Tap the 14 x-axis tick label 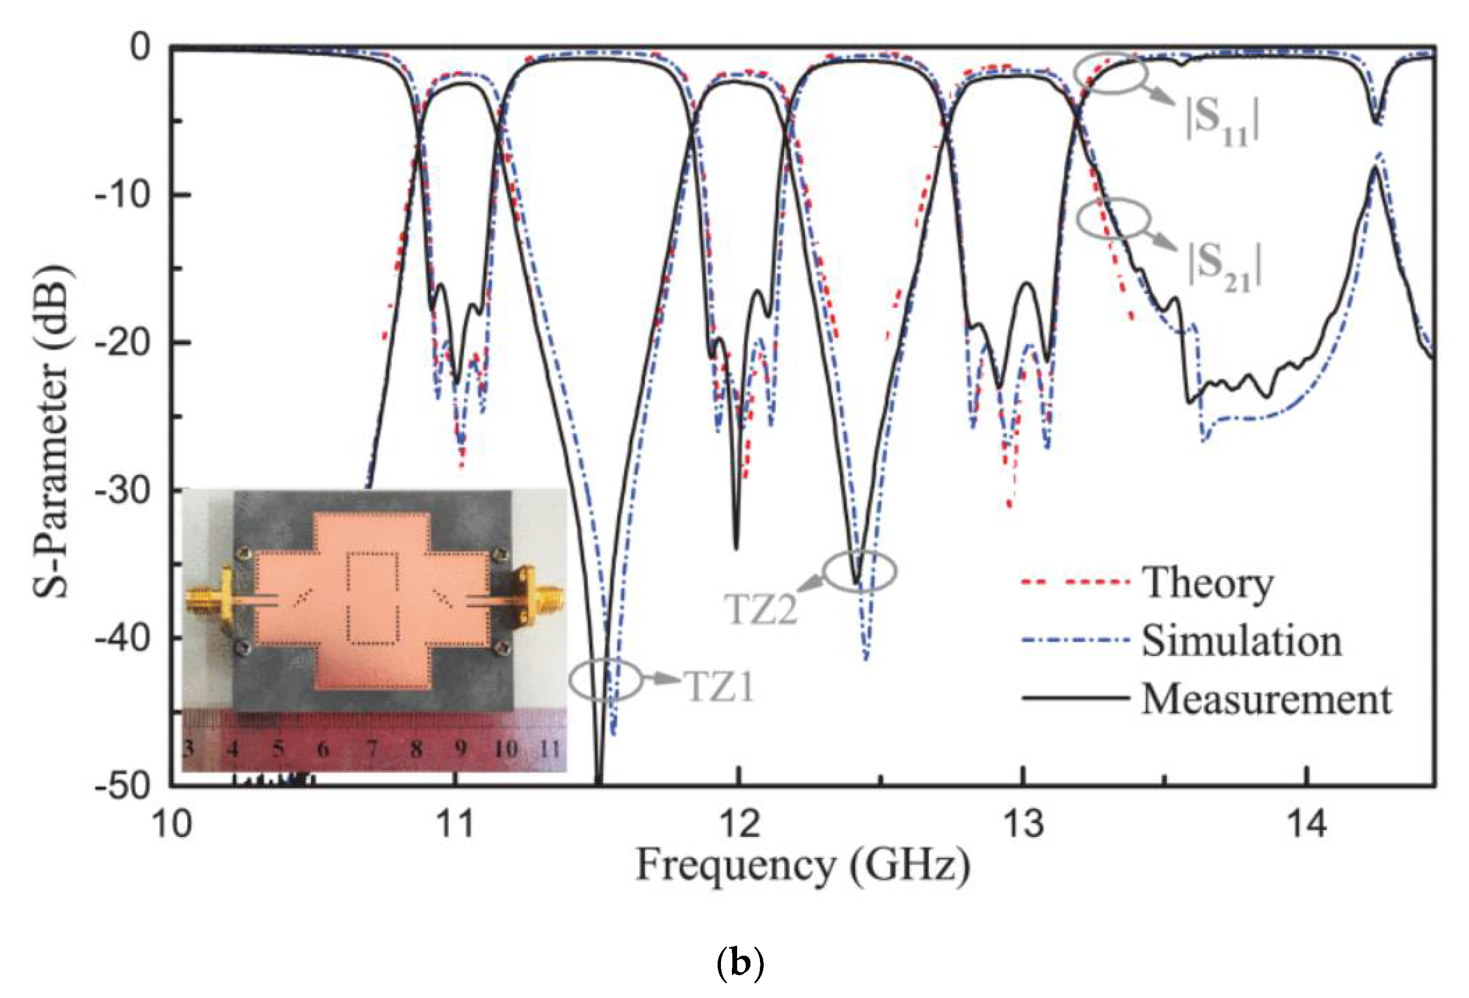point(1306,825)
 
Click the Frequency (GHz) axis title point(803,866)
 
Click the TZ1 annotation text point(720,686)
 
